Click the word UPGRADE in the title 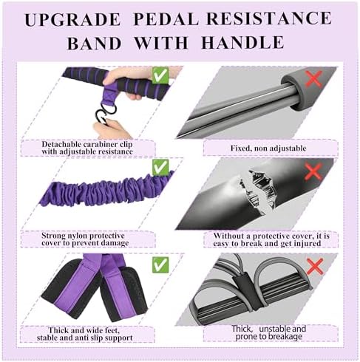[72, 19]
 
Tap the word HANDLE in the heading [242, 42]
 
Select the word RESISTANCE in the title [269, 18]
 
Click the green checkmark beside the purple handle [160, 75]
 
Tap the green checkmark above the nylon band [160, 167]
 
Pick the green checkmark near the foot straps [160, 264]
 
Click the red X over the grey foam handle [313, 79]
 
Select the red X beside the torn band [313, 171]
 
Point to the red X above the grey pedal [315, 267]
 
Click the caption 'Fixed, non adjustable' [268, 148]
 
